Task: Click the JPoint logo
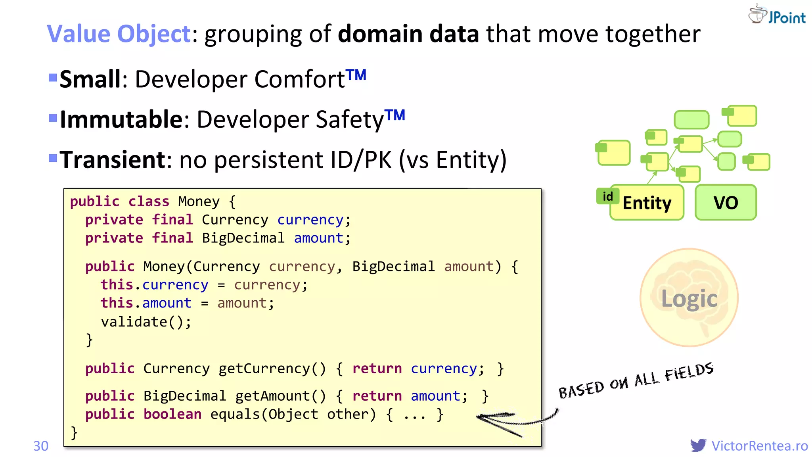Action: coord(777,15)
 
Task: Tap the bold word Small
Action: coord(90,79)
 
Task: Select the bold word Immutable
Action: coord(121,119)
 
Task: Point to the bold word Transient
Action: coord(113,160)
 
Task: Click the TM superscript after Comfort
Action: coord(356,74)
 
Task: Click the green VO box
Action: coord(726,203)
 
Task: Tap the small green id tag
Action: coord(607,196)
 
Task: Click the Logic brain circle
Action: coord(689,298)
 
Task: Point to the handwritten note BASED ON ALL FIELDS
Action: coord(636,380)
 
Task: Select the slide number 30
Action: coord(41,446)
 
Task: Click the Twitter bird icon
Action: coord(698,445)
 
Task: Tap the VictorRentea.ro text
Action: coord(759,446)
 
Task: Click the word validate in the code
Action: coord(134,322)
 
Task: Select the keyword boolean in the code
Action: coord(172,414)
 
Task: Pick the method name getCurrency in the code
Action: coord(264,369)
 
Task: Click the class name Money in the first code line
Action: coord(199,202)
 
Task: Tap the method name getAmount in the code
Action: coord(272,396)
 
